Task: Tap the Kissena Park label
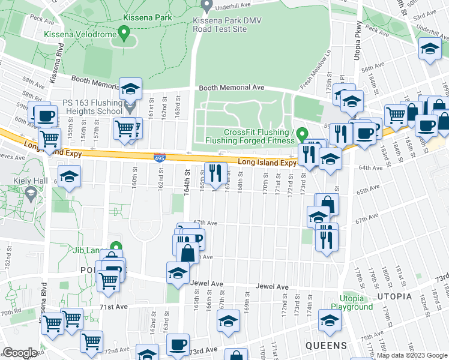[x=147, y=17]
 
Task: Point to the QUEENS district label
[x=327, y=346]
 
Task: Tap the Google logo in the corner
[x=20, y=353]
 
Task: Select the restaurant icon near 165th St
[x=215, y=173]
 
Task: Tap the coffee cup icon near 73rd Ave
[x=177, y=346]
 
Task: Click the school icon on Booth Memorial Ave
[x=130, y=89]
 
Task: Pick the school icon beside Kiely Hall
[x=70, y=176]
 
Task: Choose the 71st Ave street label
[x=113, y=307]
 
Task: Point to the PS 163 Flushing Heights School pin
[x=132, y=107]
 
